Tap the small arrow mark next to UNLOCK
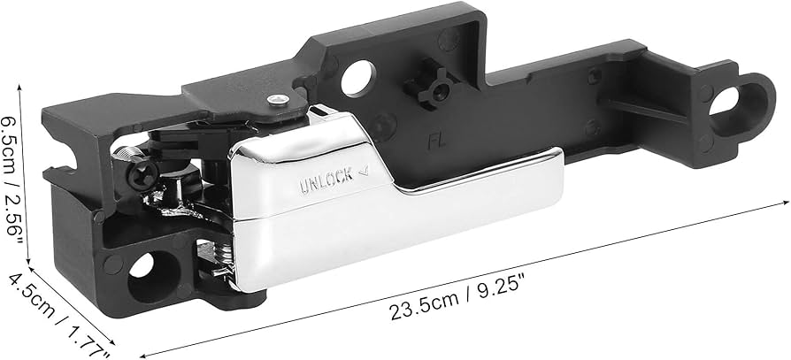click(363, 173)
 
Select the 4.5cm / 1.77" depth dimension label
click(57, 314)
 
